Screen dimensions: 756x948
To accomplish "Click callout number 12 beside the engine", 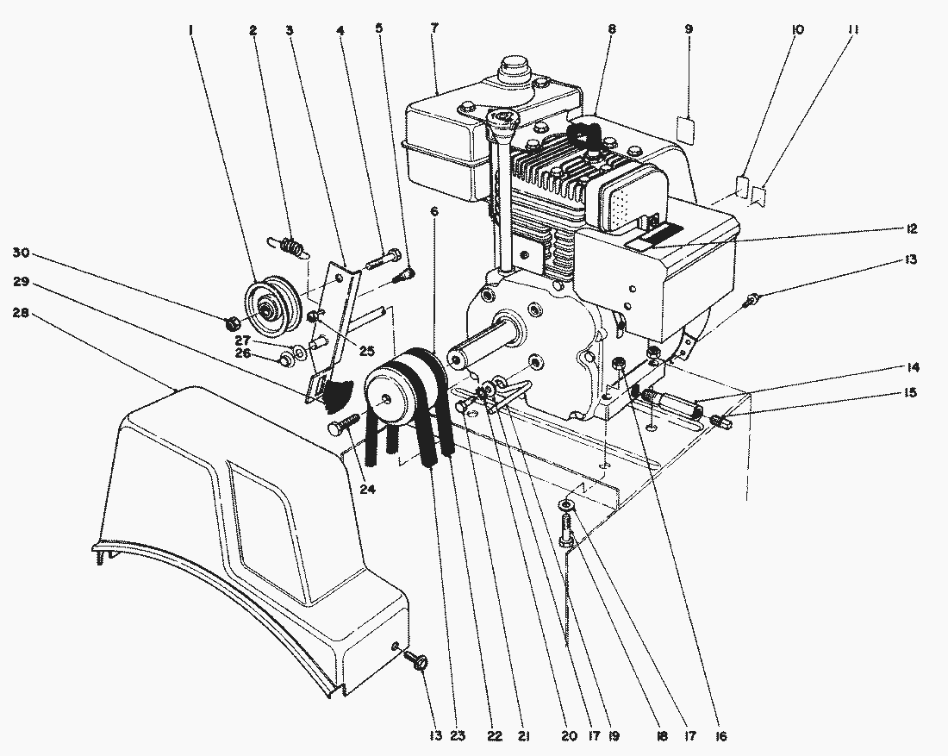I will click(x=912, y=229).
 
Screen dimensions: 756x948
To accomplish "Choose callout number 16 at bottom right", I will click(x=720, y=736).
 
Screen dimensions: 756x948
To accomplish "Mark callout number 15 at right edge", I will click(x=912, y=393).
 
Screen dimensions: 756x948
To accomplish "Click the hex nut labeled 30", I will click(x=232, y=324).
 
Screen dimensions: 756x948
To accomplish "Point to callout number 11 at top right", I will click(x=852, y=29).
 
